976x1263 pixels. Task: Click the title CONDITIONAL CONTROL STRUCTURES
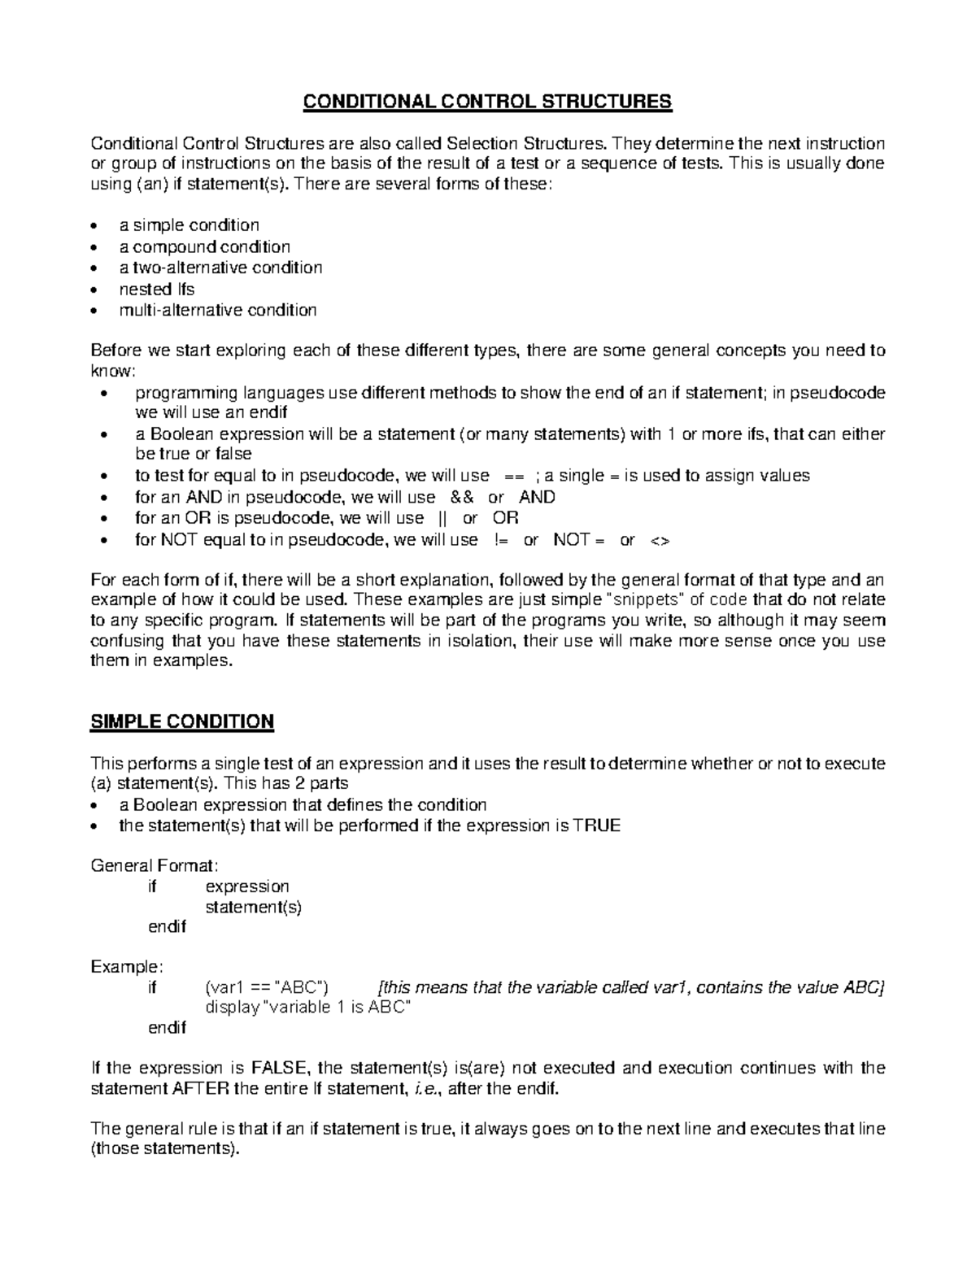tap(487, 102)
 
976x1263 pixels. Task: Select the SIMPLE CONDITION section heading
tap(182, 721)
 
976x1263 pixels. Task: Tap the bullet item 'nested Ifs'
tap(157, 289)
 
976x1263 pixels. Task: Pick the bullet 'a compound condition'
tap(204, 246)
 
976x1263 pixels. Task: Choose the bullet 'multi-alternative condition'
tap(218, 310)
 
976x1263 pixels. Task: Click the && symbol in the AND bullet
tap(461, 497)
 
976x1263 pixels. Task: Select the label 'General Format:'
tap(154, 865)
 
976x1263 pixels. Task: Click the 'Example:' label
tap(127, 966)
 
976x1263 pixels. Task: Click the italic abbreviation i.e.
tap(426, 1089)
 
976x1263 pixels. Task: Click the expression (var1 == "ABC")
tap(267, 987)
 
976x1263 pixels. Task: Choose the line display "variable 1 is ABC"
tap(307, 1008)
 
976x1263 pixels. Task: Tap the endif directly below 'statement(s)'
tap(167, 926)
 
